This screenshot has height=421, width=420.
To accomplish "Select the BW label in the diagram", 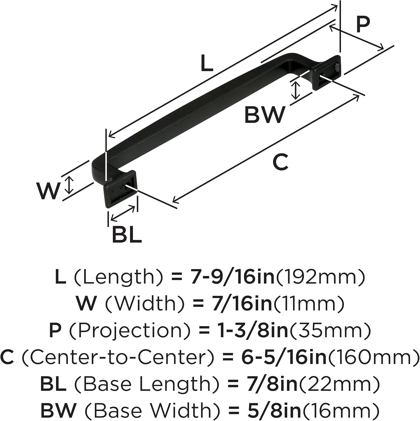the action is click(x=265, y=115).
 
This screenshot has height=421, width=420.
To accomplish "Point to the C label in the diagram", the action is click(x=280, y=162).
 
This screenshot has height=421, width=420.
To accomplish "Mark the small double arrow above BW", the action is click(x=295, y=90).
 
